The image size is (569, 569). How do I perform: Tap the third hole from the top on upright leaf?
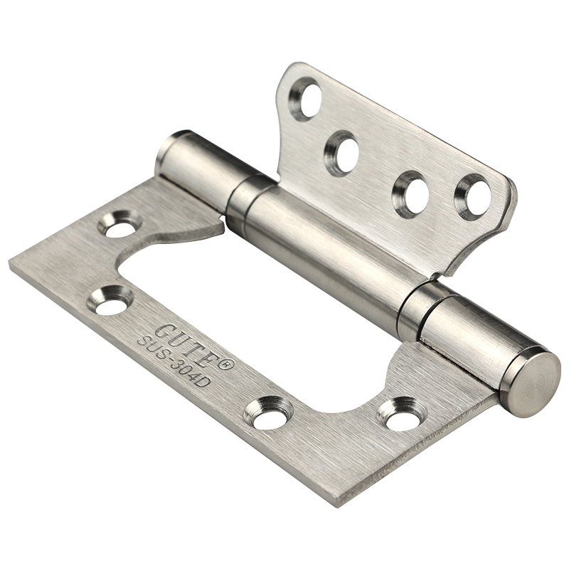click(x=412, y=193)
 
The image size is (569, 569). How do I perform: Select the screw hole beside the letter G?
click(x=110, y=300)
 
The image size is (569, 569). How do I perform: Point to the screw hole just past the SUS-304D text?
click(x=268, y=413)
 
